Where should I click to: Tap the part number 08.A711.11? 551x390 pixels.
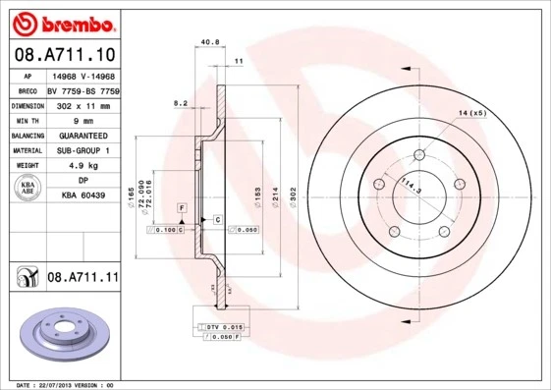pyautogui.click(x=83, y=278)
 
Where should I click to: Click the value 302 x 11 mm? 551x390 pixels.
pyautogui.click(x=83, y=104)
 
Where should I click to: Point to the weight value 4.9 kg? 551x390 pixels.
pyautogui.click(x=83, y=167)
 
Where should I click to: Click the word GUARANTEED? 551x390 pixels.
pyautogui.click(x=83, y=136)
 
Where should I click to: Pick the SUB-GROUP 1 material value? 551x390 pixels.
pyautogui.click(x=83, y=151)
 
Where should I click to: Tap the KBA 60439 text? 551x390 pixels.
pyautogui.click(x=83, y=196)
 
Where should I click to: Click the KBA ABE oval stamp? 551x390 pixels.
pyautogui.click(x=28, y=189)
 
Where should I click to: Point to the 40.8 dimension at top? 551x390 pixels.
pyautogui.click(x=209, y=42)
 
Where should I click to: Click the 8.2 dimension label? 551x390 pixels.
pyautogui.click(x=181, y=102)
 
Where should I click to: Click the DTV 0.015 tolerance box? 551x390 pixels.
pyautogui.click(x=224, y=325)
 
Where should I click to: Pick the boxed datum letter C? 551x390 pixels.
pyautogui.click(x=217, y=220)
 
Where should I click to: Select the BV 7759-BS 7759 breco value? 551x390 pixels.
pyautogui.click(x=83, y=89)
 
